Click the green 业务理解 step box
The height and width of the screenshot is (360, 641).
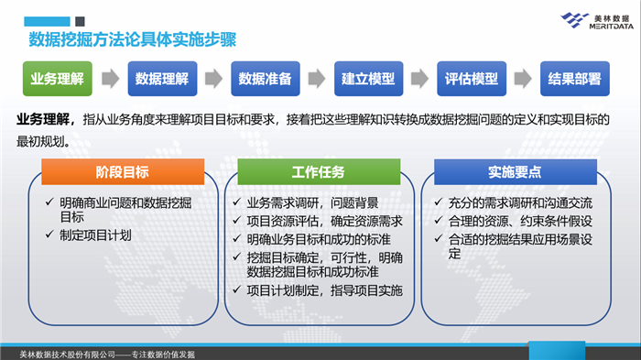tap(57, 79)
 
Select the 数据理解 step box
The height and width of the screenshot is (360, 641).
tap(161, 79)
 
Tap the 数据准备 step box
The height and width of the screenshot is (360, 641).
tap(265, 79)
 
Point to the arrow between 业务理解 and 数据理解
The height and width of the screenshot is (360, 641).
tap(109, 79)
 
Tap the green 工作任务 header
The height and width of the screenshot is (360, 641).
tap(318, 171)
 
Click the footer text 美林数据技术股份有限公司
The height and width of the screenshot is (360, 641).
tap(68, 354)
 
